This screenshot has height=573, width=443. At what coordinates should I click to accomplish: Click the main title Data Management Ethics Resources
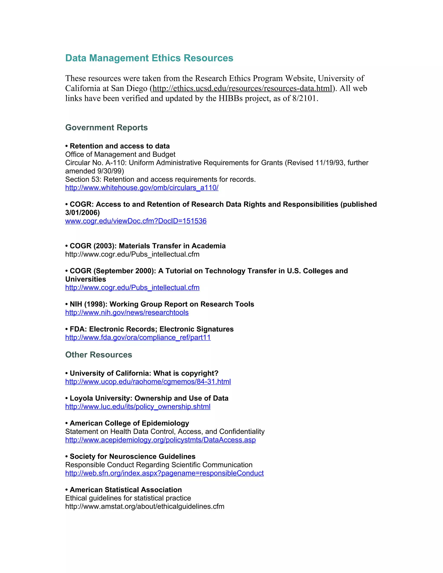149,58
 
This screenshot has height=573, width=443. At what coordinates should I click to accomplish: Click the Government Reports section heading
106,128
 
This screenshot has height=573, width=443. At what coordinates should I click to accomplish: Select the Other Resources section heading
98,355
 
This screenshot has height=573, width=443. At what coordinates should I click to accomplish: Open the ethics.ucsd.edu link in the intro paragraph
242,88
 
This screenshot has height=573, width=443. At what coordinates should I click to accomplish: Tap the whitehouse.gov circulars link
142,188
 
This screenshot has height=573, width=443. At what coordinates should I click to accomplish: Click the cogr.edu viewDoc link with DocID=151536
136,221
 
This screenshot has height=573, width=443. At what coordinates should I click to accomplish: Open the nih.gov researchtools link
127,313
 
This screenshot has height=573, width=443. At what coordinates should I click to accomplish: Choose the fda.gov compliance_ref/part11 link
138,338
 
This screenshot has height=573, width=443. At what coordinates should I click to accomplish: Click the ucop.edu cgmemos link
148,382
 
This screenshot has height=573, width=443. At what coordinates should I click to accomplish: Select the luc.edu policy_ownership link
138,407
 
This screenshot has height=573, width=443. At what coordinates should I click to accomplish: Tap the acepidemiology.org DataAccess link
160,440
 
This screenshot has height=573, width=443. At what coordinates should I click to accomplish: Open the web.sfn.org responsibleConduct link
164,473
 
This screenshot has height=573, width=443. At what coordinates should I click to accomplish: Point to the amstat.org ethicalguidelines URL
145,507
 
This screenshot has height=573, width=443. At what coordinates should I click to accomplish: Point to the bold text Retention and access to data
120,146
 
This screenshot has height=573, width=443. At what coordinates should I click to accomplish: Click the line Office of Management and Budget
120,155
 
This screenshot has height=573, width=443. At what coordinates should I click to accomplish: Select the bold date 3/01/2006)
82,213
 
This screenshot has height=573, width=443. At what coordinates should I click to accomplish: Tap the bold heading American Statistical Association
126,490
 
